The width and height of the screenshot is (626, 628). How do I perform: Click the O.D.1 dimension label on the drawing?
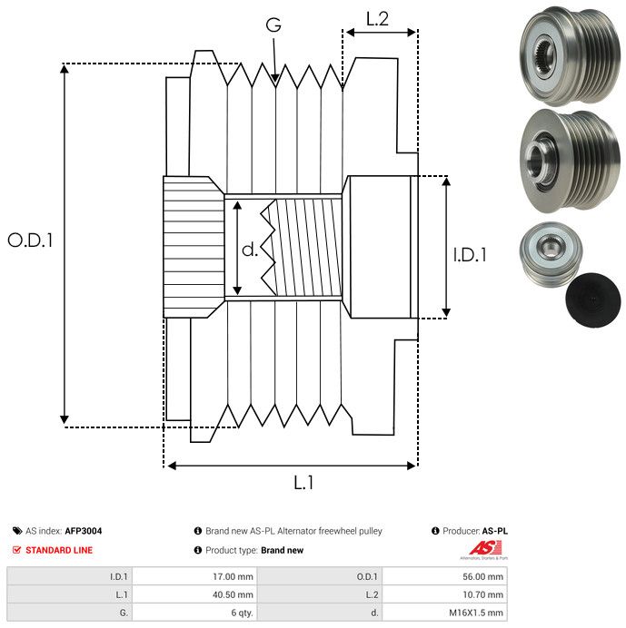(30, 240)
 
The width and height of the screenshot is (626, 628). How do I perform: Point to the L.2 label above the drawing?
(378, 18)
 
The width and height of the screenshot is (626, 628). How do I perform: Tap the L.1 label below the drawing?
(303, 484)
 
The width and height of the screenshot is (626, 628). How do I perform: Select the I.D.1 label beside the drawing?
(470, 256)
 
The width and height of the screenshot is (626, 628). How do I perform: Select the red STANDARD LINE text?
(59, 550)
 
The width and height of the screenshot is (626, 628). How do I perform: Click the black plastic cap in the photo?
(591, 298)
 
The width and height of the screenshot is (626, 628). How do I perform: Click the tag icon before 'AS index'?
(17, 531)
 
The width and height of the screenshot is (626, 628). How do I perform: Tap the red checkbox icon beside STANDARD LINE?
(17, 550)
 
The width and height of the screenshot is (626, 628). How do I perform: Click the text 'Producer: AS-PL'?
(469, 531)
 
